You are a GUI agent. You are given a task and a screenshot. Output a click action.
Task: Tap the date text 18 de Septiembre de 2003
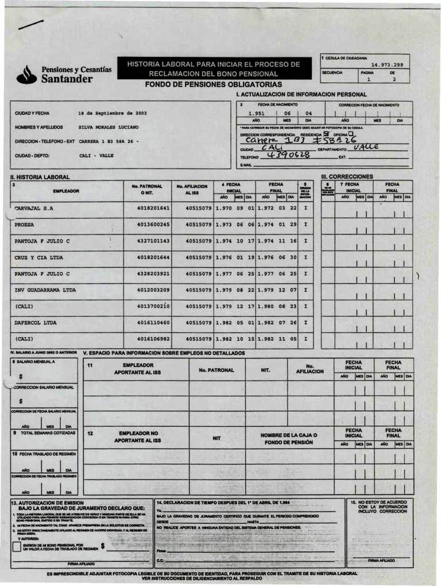(x=113, y=113)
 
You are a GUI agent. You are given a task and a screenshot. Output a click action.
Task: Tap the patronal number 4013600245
(x=153, y=225)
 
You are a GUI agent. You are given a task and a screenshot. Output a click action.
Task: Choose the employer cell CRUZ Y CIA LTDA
(x=37, y=257)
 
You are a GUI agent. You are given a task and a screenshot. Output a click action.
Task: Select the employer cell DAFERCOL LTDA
(x=36, y=323)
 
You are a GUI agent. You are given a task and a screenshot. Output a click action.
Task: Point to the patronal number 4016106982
(x=153, y=339)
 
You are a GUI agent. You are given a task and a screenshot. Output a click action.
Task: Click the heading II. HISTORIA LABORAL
(x=40, y=177)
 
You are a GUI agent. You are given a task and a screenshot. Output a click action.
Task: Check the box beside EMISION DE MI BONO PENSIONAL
(x=17, y=546)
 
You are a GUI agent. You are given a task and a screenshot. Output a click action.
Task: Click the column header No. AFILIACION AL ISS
(x=192, y=190)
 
